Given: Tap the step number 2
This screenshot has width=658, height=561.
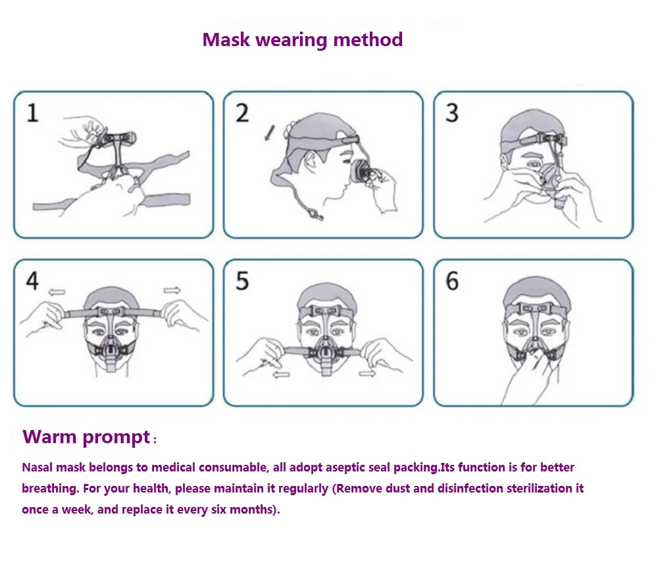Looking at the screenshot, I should click(x=242, y=113).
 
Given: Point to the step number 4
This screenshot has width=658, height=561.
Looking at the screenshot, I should click(x=32, y=280).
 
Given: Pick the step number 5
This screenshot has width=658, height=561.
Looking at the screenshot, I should click(x=242, y=280).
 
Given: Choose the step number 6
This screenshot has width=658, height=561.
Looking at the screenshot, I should click(x=452, y=280).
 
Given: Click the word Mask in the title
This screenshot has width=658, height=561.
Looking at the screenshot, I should click(x=226, y=40).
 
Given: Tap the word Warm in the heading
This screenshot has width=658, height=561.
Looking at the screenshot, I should click(x=50, y=437).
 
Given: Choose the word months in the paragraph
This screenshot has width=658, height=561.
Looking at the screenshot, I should click(x=253, y=510).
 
